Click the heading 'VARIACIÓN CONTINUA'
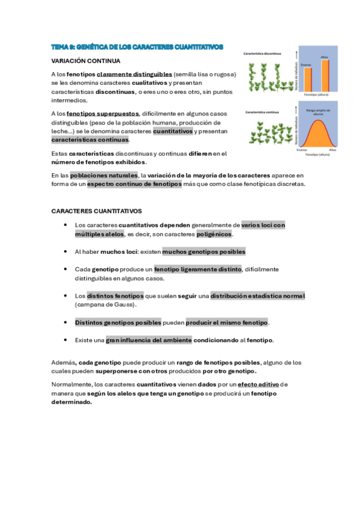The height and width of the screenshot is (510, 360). click(x=86, y=61)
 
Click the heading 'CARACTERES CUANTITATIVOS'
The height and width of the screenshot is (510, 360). click(x=96, y=211)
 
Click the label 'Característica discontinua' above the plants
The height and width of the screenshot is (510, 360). click(x=263, y=54)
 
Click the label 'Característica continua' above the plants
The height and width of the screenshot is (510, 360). click(x=261, y=111)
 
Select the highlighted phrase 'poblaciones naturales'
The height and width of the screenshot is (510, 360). click(x=103, y=175)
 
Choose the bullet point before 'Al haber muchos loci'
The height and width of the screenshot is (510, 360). click(x=65, y=252)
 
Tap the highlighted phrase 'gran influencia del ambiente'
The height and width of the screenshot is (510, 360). click(x=148, y=340)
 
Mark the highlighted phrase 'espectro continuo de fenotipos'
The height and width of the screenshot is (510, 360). click(x=134, y=184)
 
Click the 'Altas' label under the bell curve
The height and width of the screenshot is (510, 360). click(x=332, y=150)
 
